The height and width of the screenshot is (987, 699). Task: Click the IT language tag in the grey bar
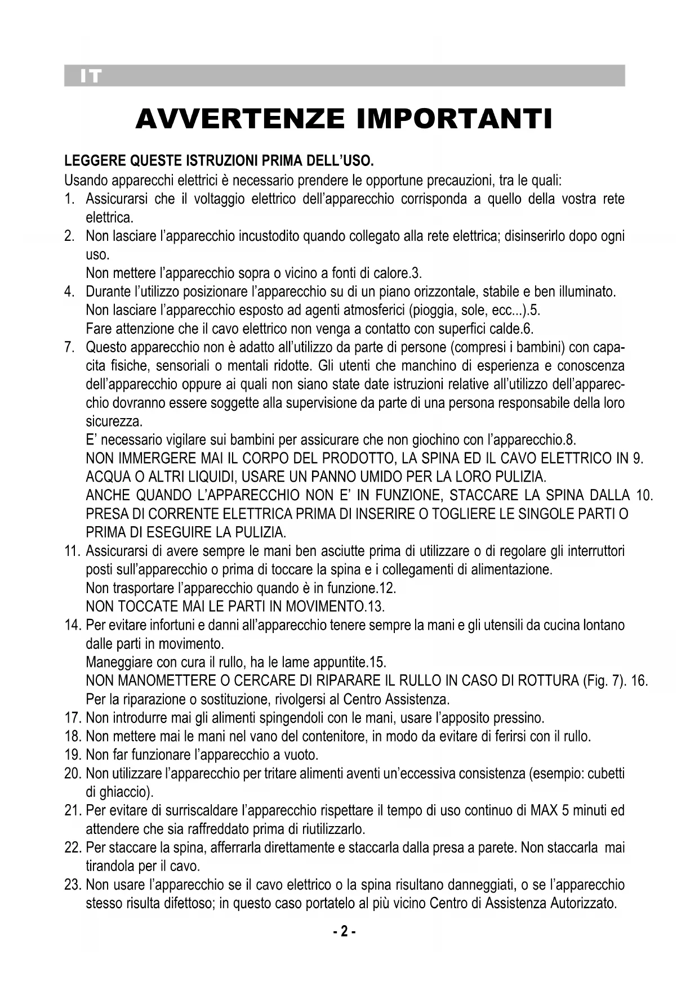pos(90,77)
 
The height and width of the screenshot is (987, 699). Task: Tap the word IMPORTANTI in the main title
pos(455,119)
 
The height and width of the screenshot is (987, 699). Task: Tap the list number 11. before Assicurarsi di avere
pos(73,551)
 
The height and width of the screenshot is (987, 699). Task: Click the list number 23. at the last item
pos(73,885)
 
